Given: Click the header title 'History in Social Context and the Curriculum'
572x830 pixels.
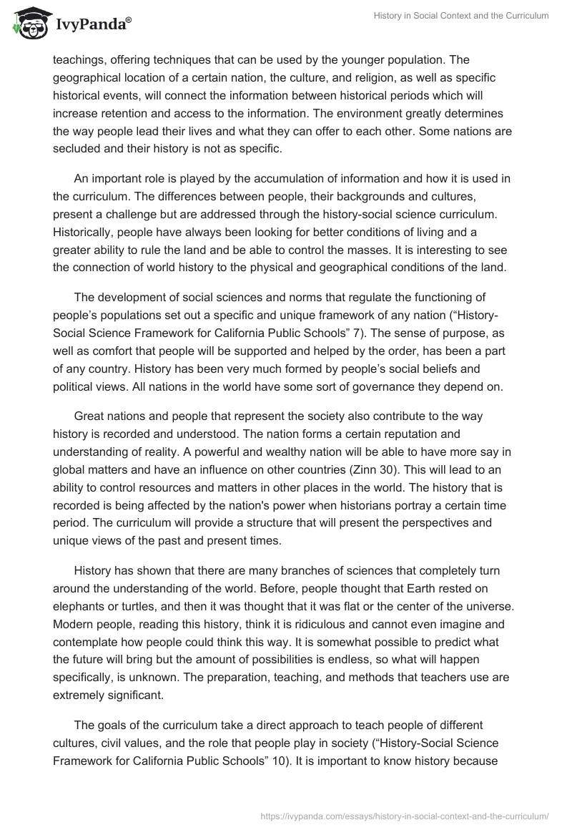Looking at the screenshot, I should (459, 16).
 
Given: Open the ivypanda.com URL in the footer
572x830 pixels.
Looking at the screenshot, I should (406, 815).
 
